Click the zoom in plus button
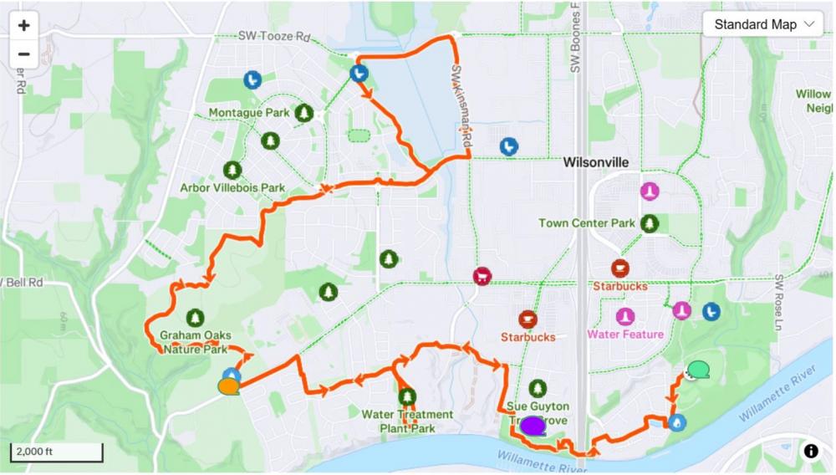(23, 25)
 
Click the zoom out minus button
(23, 54)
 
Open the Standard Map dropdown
(763, 24)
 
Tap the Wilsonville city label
(596, 161)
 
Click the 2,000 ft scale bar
(56, 452)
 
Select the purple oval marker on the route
(533, 426)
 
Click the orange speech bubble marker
(227, 386)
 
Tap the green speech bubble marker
(698, 369)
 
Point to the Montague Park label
(248, 113)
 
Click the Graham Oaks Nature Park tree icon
(196, 317)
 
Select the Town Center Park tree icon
(650, 223)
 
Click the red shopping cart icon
(482, 276)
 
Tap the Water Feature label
(625, 335)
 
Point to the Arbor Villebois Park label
(232, 187)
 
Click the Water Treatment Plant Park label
(407, 421)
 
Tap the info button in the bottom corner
(811, 452)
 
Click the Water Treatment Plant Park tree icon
(407, 396)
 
